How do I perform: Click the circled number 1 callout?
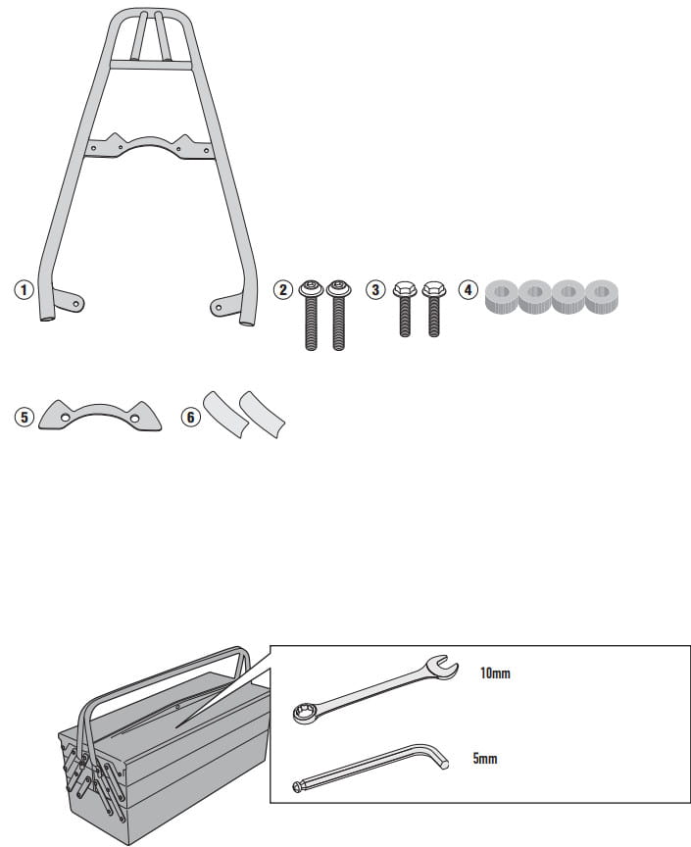coord(24,290)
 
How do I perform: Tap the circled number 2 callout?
coord(282,290)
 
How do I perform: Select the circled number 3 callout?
coord(375,290)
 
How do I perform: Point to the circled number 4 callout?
coord(468,290)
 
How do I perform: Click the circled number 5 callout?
coord(24,417)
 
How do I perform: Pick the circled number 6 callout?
coord(190,417)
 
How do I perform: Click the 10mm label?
coord(495,673)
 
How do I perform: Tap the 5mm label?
coord(484,759)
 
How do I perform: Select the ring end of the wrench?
coord(302,714)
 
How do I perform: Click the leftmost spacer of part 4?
coord(502,296)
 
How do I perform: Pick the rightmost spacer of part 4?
coord(601,296)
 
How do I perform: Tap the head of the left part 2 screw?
coord(311,288)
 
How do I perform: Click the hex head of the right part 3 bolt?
coord(434,289)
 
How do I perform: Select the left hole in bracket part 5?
coord(66,418)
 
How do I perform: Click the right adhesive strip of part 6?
coord(262,414)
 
